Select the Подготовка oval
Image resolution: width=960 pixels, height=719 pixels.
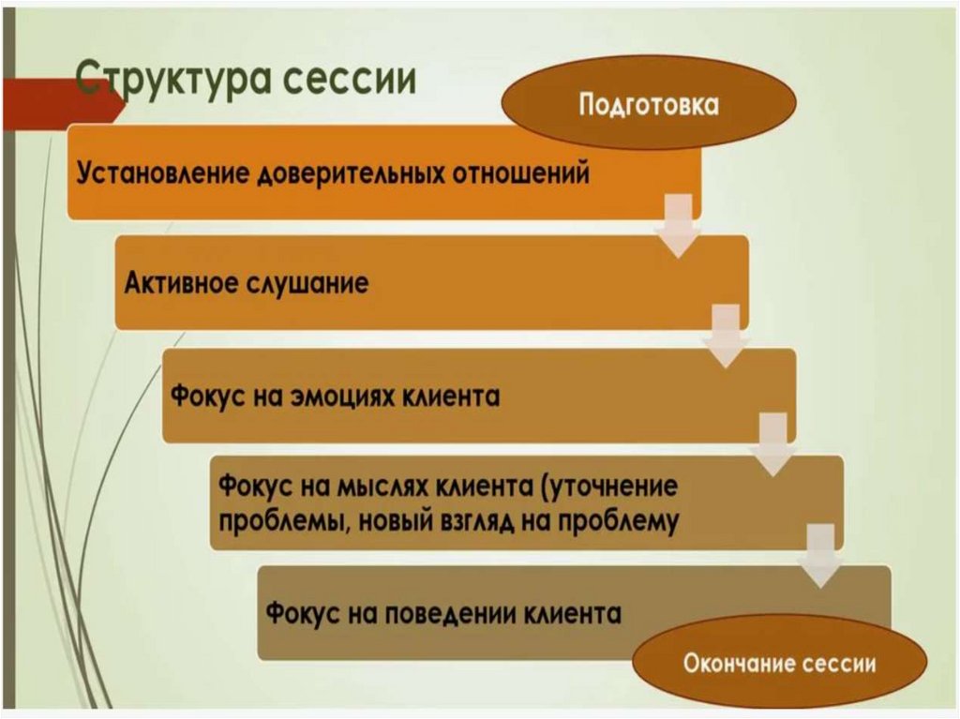650,103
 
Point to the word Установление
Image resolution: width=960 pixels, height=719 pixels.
158,173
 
